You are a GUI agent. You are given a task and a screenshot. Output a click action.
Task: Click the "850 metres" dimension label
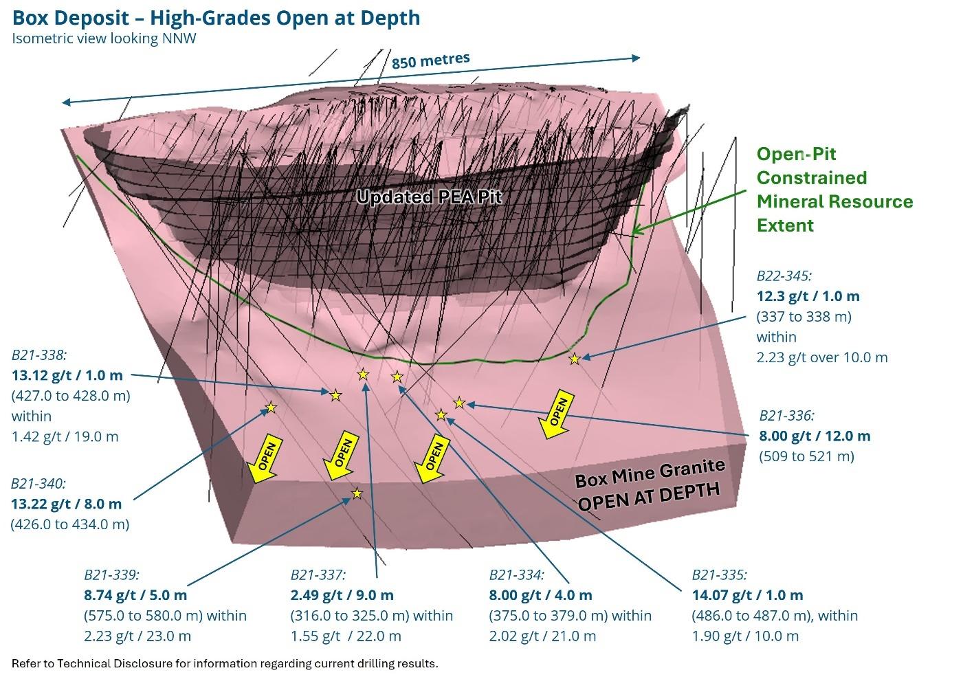(430, 60)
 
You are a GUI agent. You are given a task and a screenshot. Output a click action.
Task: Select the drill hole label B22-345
(784, 276)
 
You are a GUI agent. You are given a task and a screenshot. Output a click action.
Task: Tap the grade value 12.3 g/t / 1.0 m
(808, 296)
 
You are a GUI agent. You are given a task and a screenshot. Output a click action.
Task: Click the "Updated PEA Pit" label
(429, 197)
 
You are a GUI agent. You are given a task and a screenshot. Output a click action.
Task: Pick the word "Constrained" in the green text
(811, 178)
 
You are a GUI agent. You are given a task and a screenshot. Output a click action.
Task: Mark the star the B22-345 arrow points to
(574, 359)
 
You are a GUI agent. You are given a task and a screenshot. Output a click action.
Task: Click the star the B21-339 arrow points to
(357, 493)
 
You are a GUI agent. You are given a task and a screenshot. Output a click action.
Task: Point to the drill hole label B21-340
(38, 483)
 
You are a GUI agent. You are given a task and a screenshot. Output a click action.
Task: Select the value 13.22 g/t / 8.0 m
(66, 504)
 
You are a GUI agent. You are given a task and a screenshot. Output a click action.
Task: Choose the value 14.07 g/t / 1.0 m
(746, 595)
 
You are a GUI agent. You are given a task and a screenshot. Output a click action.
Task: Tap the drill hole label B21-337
(318, 575)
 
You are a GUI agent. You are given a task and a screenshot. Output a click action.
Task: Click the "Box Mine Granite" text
(650, 473)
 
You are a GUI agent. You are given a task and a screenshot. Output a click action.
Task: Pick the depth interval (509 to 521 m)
(806, 456)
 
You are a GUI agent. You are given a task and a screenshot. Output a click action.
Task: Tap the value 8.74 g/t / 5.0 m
(135, 595)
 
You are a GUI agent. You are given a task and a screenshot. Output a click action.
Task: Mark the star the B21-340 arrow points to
(271, 408)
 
